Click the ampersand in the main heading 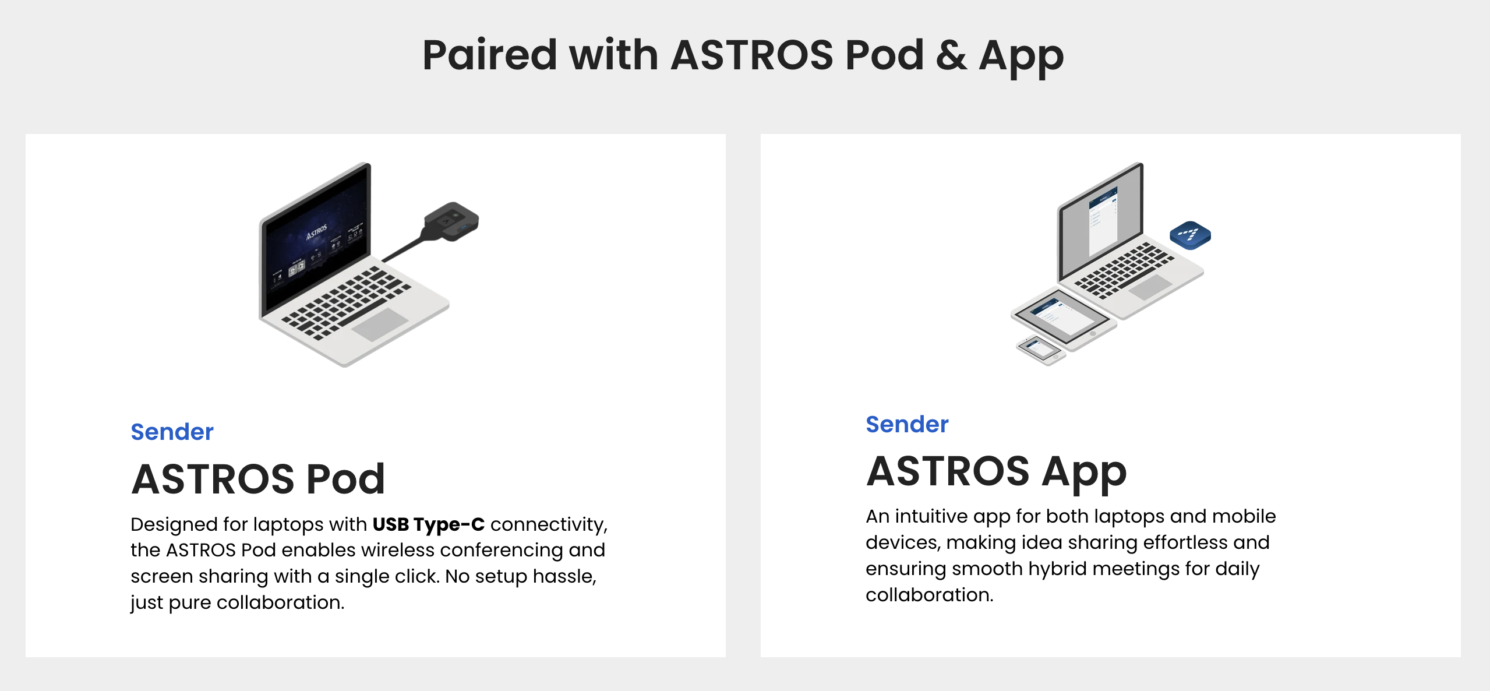click(x=951, y=55)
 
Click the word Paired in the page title click(x=490, y=55)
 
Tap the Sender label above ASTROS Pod click(x=172, y=432)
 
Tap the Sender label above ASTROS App click(x=907, y=424)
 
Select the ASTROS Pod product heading click(x=258, y=479)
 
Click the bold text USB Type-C click(x=428, y=524)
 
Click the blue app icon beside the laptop click(x=1190, y=235)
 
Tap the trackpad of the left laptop click(x=380, y=325)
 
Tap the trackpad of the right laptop click(x=1146, y=287)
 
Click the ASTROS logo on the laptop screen click(x=317, y=231)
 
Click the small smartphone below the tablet click(x=1041, y=351)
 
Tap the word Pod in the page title click(x=884, y=55)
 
